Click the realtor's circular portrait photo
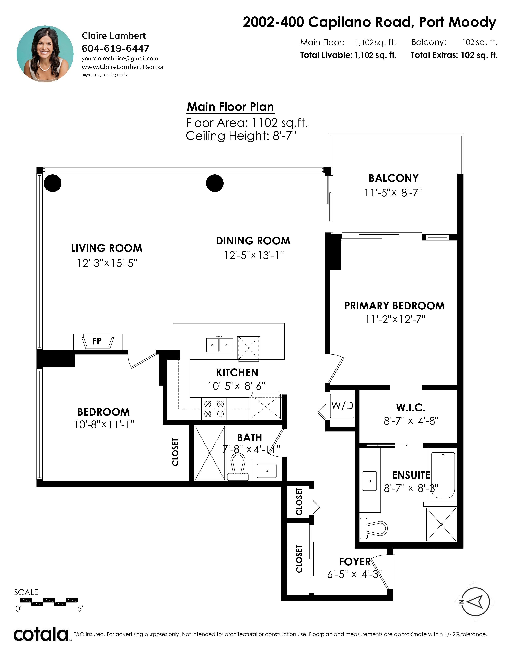click(45, 54)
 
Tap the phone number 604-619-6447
click(115, 48)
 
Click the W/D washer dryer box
click(342, 406)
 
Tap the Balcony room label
click(394, 178)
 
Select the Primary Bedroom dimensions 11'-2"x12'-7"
click(395, 319)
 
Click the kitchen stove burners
click(214, 409)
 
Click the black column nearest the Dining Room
click(215, 183)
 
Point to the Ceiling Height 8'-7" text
click(241, 136)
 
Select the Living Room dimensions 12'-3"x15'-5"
click(107, 263)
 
